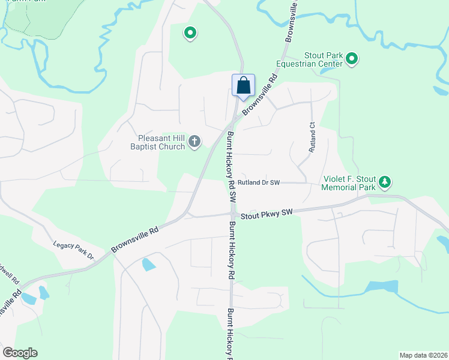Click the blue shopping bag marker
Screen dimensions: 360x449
243,85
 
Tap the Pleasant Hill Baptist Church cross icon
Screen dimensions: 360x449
194,142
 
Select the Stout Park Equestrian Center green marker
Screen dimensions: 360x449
352,59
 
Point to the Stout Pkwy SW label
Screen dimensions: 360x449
266,214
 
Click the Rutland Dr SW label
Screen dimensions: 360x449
259,182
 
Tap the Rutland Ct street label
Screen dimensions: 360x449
312,136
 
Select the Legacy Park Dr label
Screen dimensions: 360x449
74,249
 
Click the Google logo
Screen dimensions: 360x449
20,353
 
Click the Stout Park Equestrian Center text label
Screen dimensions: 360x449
310,59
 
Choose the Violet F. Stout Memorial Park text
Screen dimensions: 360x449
349,183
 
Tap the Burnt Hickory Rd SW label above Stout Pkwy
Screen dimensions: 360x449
231,166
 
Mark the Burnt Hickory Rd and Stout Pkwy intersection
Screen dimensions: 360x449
232,214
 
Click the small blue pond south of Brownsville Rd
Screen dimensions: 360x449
148,264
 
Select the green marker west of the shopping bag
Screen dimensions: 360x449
190,33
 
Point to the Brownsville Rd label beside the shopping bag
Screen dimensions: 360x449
261,95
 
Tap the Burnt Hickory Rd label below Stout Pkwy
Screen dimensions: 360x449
231,251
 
